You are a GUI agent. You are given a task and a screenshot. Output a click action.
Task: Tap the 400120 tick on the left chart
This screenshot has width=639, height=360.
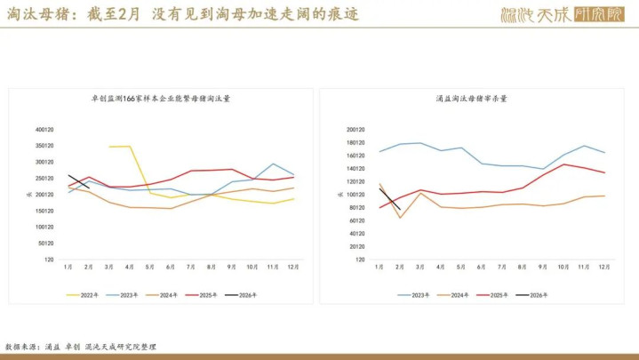coord(44,129)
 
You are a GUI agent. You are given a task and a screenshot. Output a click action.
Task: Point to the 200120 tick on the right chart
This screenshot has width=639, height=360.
coord(355,129)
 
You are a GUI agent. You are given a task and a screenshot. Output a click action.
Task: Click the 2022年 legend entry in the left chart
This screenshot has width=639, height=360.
coord(86,295)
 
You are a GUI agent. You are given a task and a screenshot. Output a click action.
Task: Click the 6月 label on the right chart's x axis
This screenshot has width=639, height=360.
coord(482,267)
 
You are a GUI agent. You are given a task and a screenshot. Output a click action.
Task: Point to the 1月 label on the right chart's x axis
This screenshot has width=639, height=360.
coord(379,267)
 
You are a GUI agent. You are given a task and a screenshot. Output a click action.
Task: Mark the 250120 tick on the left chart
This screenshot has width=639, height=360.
coord(44,178)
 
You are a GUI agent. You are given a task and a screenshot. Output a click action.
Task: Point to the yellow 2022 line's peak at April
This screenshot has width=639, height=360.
coord(130,146)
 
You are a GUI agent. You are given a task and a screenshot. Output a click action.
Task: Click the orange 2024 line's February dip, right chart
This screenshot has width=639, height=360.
coord(400,218)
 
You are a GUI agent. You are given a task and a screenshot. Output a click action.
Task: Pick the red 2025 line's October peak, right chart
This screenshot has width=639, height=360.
coord(563,164)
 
